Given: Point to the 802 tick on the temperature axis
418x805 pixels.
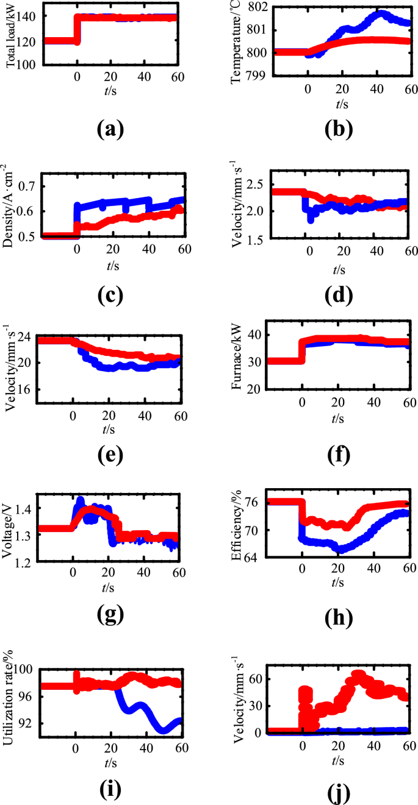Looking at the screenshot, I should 258,7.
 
